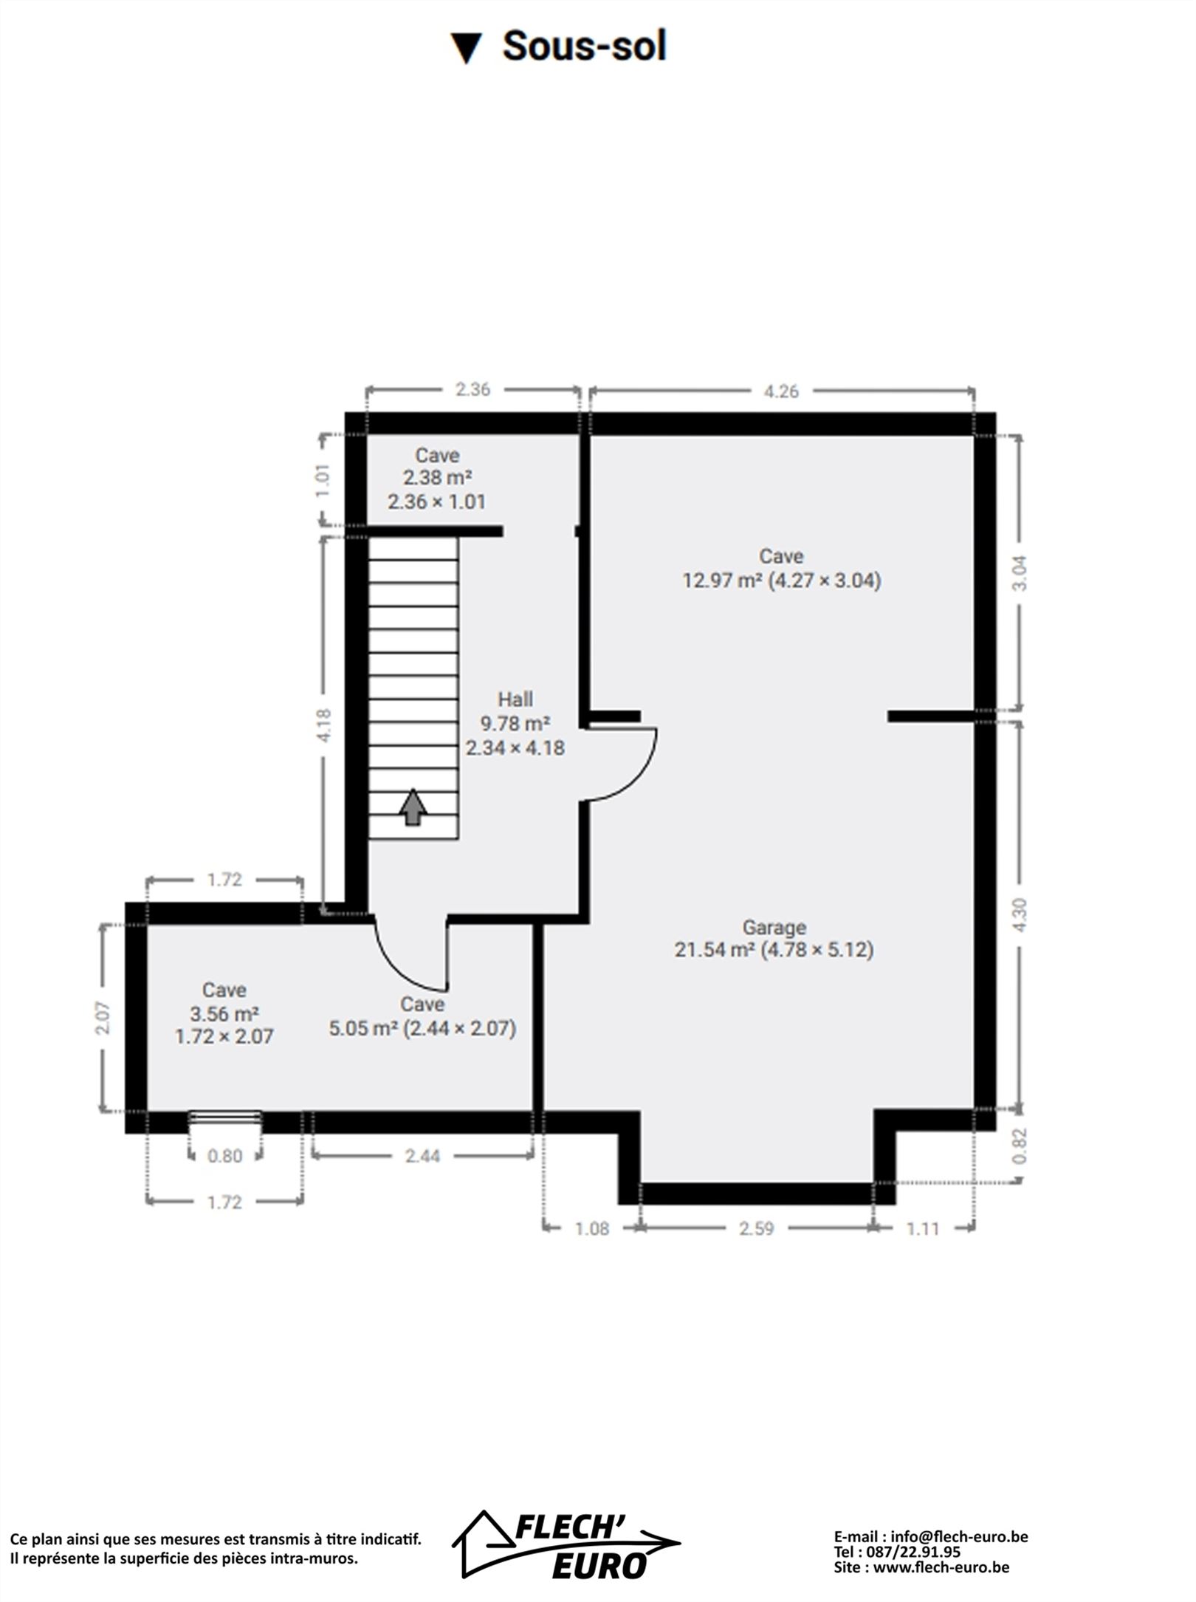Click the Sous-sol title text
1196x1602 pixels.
pos(584,46)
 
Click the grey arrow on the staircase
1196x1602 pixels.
pos(413,807)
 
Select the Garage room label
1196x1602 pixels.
pos(774,927)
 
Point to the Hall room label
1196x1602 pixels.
pos(515,699)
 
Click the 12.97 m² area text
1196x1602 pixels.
pos(721,581)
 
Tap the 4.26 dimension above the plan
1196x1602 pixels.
pos(781,391)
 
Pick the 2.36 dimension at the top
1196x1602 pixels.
pos(472,389)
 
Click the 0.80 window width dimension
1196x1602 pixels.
pos(224,1156)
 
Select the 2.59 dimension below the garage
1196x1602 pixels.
pos(757,1228)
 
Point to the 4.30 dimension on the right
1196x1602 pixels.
pos(1020,914)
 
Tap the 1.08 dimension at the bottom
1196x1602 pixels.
pos(592,1228)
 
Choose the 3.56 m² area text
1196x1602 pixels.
pos(224,1013)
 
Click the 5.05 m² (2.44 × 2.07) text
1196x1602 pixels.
pos(422,1028)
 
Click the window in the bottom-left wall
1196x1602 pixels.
pos(225,1119)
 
